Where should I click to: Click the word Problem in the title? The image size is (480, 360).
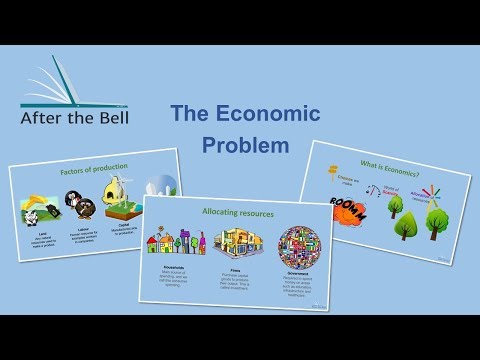coord(245,145)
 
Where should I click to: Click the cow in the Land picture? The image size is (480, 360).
coord(40,213)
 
